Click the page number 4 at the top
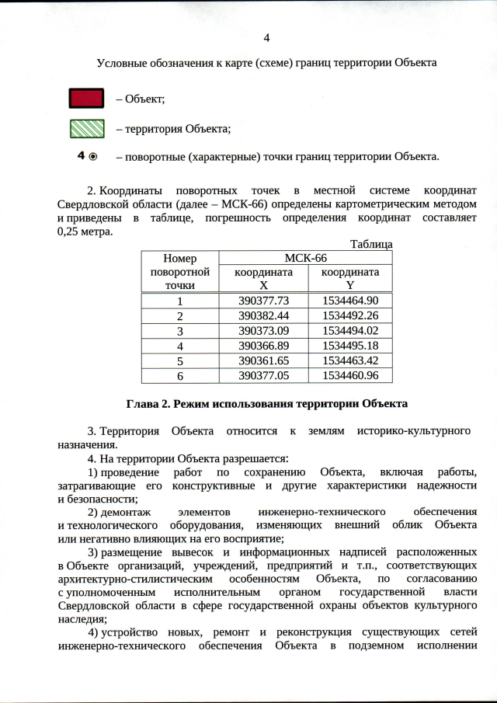click(266, 37)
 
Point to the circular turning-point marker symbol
click(93, 156)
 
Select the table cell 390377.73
click(264, 301)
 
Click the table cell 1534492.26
click(350, 315)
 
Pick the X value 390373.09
click(264, 330)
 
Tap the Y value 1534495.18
click(350, 345)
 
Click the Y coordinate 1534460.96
click(350, 375)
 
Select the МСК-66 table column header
click(307, 258)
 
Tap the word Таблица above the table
click(371, 244)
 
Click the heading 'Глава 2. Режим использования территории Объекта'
click(266, 404)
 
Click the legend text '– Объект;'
click(140, 99)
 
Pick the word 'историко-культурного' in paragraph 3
click(419, 430)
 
